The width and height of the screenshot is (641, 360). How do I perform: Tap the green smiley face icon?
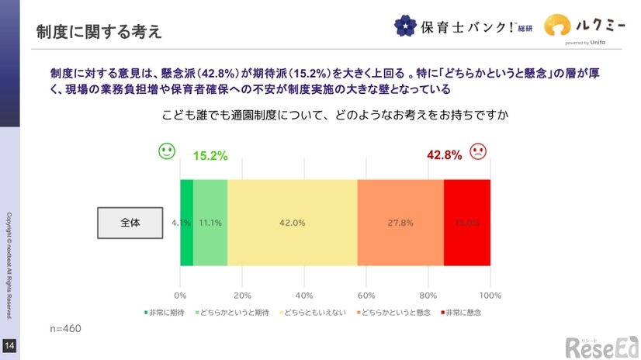click(x=166, y=151)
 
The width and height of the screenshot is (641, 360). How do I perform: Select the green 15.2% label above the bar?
click(x=210, y=155)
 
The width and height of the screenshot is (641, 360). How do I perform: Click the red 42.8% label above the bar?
click(x=445, y=155)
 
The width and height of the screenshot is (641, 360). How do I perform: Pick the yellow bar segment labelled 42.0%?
click(x=292, y=223)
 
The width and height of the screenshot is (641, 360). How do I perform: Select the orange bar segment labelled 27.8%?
click(x=400, y=223)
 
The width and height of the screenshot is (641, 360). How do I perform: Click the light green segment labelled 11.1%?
click(x=210, y=223)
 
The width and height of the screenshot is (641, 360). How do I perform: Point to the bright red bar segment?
click(x=467, y=223)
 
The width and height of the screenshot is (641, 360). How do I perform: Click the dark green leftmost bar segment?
click(x=186, y=223)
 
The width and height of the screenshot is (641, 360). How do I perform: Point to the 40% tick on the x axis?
click(x=304, y=296)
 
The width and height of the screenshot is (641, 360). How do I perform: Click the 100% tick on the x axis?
click(x=490, y=296)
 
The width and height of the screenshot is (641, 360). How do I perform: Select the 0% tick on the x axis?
click(x=181, y=296)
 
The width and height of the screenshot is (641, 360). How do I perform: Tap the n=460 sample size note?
click(x=65, y=328)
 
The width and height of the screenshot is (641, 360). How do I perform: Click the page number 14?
click(x=9, y=345)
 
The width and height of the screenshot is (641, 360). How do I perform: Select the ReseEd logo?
click(x=601, y=348)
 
